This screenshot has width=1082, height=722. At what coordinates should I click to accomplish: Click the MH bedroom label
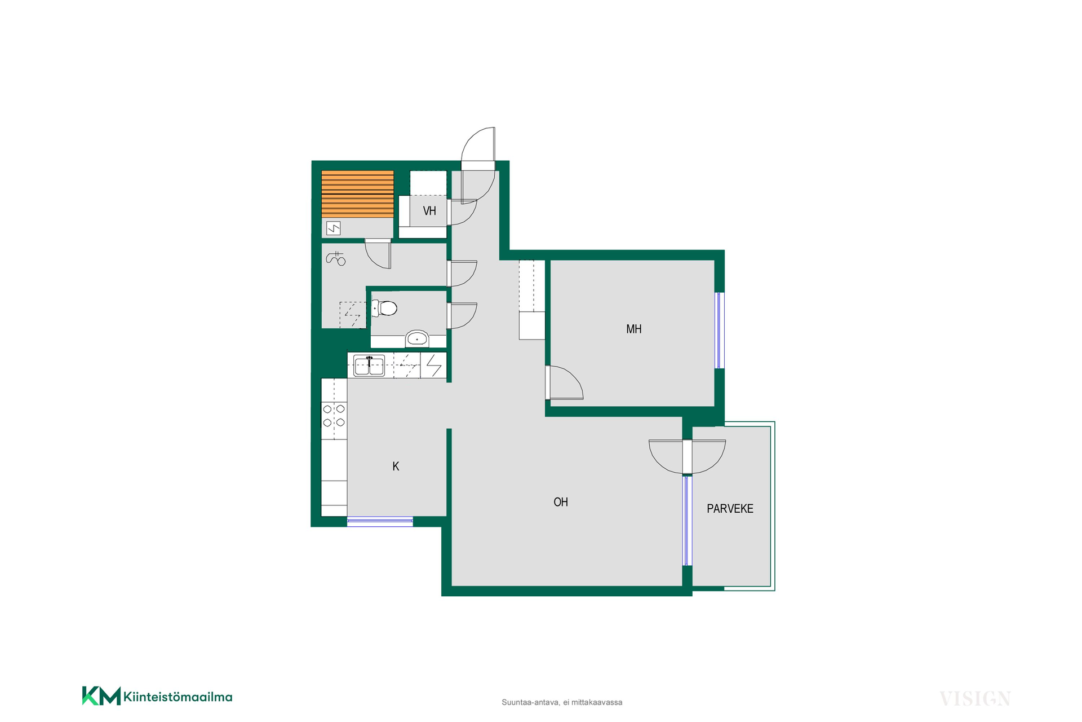634,329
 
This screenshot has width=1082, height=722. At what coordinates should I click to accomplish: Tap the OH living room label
561,502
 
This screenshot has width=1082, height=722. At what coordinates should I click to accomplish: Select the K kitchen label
396,466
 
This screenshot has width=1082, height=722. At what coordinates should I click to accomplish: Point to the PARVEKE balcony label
730,509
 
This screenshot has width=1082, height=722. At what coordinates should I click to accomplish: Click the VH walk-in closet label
429,211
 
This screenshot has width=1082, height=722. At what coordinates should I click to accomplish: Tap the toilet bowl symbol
384,308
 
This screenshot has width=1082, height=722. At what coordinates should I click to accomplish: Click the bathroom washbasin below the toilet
417,339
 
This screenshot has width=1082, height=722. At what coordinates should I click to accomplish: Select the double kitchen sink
369,366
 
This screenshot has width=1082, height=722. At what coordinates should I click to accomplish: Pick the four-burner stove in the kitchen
334,416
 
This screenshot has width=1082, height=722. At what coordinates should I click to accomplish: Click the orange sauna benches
357,194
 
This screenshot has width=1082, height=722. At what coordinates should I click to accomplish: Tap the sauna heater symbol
334,228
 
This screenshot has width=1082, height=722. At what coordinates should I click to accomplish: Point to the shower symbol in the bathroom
336,258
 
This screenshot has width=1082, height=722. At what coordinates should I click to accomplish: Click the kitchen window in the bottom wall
380,521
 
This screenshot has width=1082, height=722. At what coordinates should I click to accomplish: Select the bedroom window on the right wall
719,331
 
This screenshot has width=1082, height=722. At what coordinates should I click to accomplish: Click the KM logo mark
101,695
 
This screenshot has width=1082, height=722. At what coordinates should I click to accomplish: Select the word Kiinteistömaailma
178,697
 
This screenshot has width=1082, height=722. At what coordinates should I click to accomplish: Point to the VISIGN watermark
975,699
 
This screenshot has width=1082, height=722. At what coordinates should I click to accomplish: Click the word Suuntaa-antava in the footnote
530,702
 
